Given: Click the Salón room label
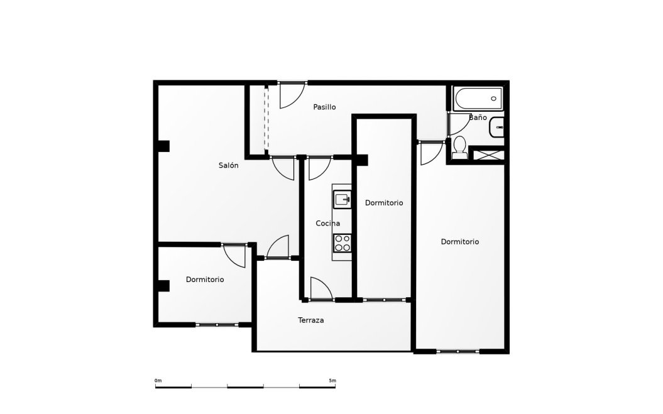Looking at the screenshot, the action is click(228, 165).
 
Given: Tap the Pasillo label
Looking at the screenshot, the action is click(324, 107).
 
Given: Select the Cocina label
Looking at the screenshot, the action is click(327, 223).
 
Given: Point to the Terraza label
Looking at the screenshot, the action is click(311, 320).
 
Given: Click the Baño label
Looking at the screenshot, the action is click(478, 117).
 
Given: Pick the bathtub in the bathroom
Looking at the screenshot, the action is click(478, 99).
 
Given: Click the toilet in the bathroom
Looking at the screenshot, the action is click(459, 148).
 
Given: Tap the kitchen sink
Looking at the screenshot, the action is click(342, 199).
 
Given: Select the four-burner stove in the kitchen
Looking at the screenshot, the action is click(342, 243).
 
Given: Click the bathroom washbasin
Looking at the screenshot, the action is click(497, 128).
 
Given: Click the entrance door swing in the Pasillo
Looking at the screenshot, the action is click(292, 95).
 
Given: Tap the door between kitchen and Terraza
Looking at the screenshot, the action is click(321, 289).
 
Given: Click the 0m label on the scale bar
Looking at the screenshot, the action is click(158, 381).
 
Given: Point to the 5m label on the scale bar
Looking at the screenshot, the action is click(332, 381).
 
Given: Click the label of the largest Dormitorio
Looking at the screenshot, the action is click(459, 241).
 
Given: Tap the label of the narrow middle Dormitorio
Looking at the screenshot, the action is click(384, 202).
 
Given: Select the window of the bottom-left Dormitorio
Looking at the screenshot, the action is click(217, 324).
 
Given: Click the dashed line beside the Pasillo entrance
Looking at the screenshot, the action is click(266, 119).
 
